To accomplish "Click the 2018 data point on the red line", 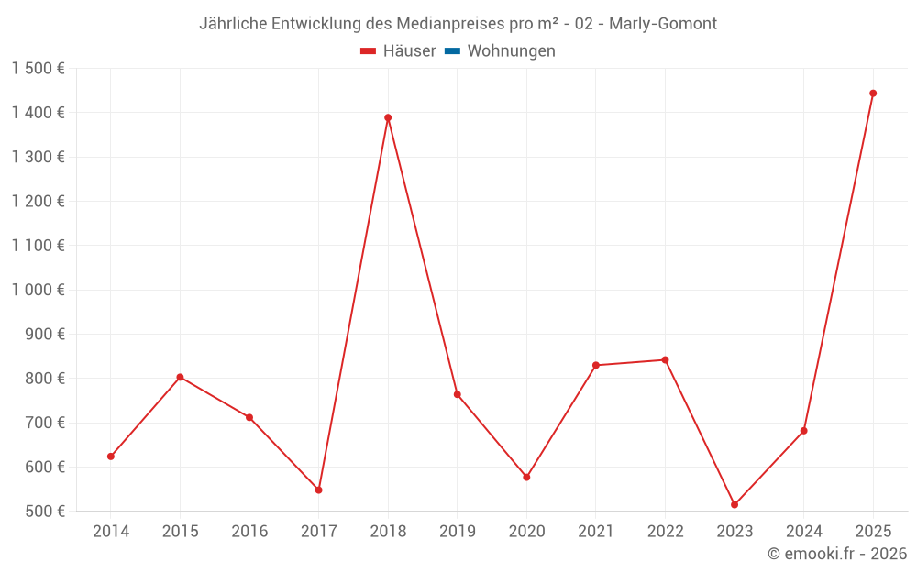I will [388, 117].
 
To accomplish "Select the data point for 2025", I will [873, 94].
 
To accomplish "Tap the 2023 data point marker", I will [735, 504].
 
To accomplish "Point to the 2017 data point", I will [318, 490].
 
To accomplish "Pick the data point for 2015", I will [180, 377].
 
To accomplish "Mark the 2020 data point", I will [526, 477].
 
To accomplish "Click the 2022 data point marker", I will [665, 359].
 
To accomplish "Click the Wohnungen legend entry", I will [511, 51].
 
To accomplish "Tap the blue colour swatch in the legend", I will [452, 51].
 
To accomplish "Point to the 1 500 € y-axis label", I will [39, 69].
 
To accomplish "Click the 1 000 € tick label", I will [39, 290].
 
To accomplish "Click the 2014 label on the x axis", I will [111, 532].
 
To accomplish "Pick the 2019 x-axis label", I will [457, 532].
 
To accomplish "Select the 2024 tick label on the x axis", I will [803, 532].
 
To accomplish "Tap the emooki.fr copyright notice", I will [836, 554].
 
